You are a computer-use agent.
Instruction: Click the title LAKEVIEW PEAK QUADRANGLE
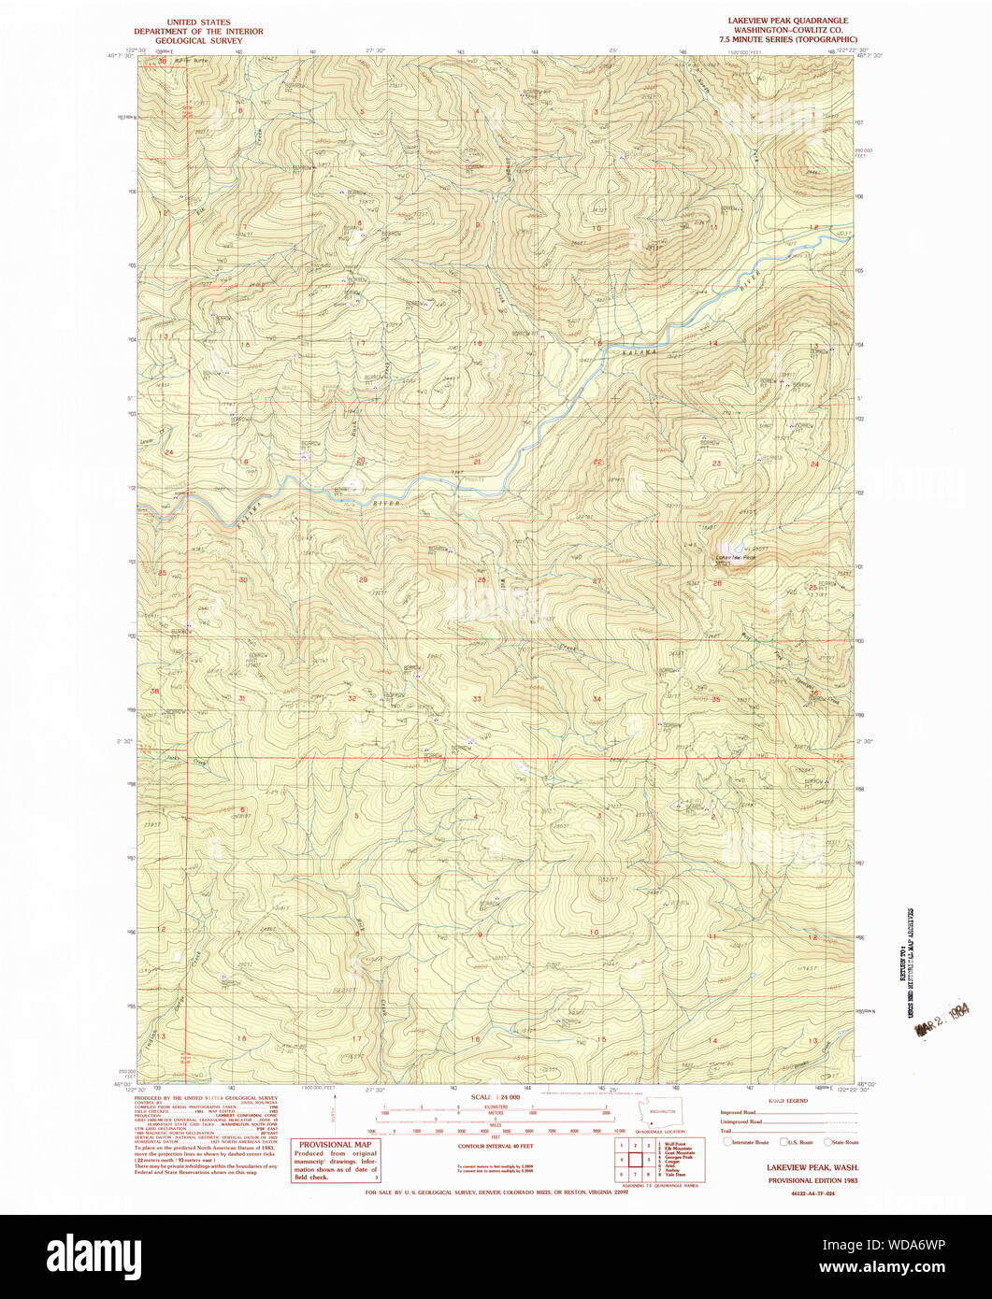pyautogui.click(x=788, y=20)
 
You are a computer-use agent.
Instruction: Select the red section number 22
pyautogui.click(x=597, y=463)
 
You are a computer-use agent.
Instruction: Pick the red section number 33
pyautogui.click(x=477, y=698)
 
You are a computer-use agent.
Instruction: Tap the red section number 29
pyautogui.click(x=363, y=579)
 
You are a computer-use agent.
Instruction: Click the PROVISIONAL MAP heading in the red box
pyautogui.click(x=336, y=1144)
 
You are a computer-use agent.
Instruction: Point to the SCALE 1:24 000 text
pyautogui.click(x=495, y=1096)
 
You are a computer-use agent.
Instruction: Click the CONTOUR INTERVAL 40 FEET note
pyautogui.click(x=495, y=1145)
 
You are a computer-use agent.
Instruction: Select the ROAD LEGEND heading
pyautogui.click(x=789, y=1101)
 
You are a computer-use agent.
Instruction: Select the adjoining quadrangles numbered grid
pyautogui.click(x=634, y=1160)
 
